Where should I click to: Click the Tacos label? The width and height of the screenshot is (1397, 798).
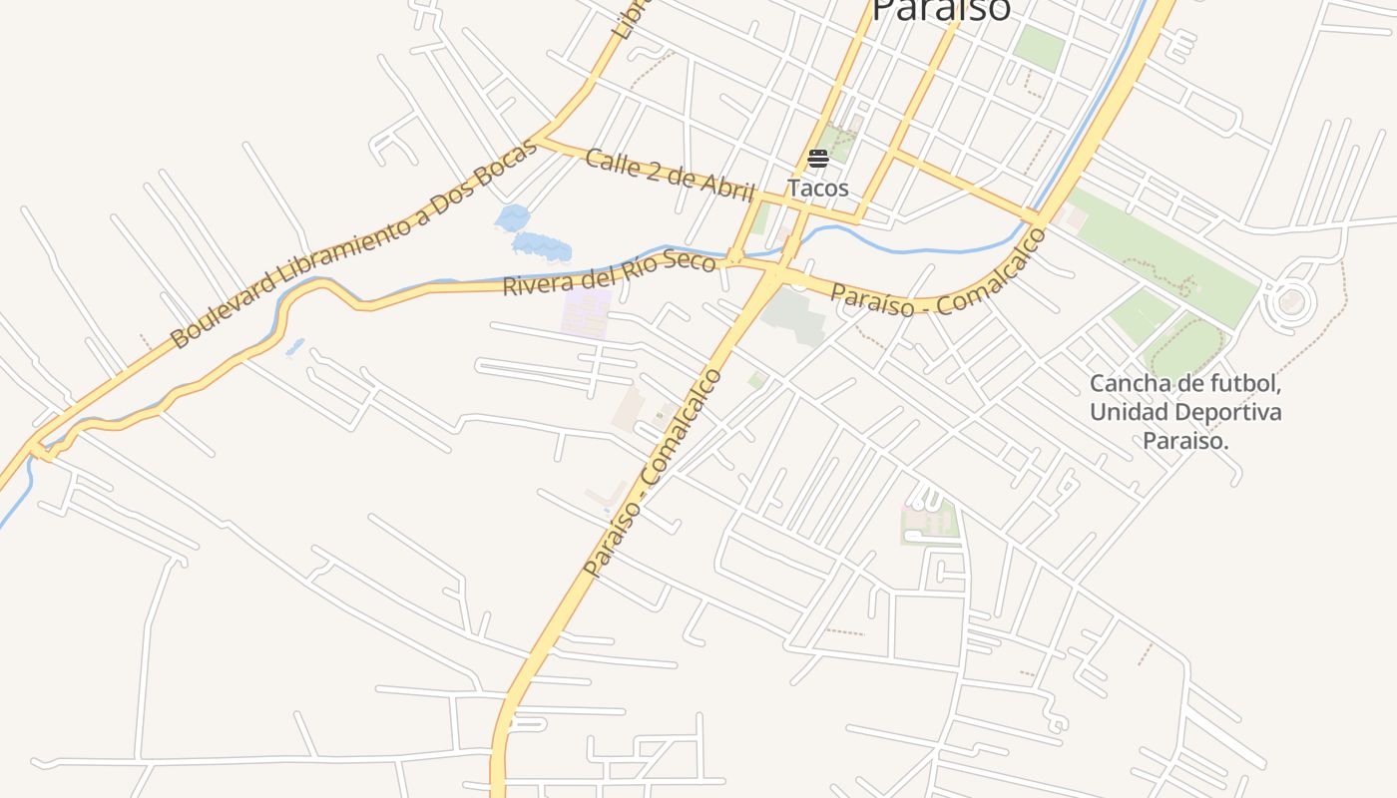817,188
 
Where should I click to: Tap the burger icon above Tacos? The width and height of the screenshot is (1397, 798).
818,159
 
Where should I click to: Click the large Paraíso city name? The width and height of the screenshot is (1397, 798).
941,10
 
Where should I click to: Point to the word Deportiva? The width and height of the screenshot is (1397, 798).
1233,412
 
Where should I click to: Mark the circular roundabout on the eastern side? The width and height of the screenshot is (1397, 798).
1290,301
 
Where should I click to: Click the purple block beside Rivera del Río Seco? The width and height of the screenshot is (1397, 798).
587,312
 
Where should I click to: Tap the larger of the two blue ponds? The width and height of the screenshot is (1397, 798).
542,245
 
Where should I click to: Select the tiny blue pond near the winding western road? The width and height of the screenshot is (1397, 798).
295,347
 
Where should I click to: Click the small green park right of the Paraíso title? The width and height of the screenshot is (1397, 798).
1039,47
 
